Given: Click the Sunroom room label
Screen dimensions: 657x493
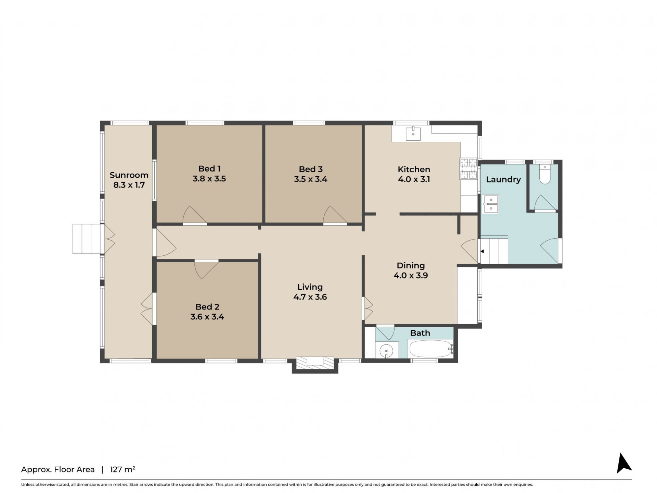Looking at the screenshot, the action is pos(129,175).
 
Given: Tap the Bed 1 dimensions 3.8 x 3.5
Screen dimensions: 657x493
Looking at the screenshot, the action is pos(209,179).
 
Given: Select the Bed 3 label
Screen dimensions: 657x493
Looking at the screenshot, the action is pos(311,169).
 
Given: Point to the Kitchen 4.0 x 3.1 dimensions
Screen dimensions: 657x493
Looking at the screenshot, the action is pos(414,179).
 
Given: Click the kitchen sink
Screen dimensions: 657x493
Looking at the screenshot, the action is pos(413,134).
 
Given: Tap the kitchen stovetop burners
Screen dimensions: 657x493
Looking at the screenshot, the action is pos(468,169).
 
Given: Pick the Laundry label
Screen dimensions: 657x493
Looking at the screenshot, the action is pos(503,179).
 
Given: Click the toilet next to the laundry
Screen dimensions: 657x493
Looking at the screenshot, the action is pos(545,174).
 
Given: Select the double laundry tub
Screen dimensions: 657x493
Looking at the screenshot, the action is pos(490,204).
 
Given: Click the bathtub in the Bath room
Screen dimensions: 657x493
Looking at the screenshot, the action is pos(431,349).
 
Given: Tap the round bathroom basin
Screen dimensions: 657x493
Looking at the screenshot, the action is pos(387,351).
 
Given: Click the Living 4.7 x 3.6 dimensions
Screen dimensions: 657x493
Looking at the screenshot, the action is pos(310,297).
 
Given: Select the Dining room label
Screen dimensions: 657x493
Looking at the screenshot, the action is pos(411,265).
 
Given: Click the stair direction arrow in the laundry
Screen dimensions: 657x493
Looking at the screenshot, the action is pos(482,251).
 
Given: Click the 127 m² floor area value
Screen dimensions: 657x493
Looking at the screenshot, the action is pos(123,469).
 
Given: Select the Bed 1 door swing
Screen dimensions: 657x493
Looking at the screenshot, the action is pos(194,215).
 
